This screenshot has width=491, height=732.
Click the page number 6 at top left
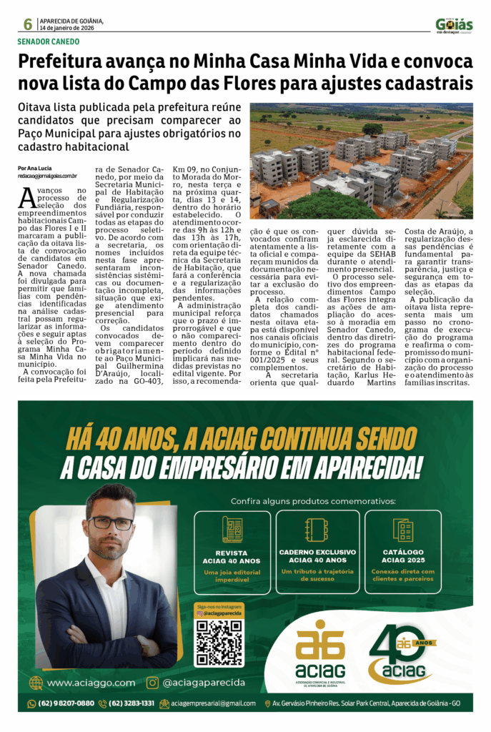[27, 24]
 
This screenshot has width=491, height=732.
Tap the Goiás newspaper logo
[454, 25]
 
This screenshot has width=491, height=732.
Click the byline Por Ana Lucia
[35, 168]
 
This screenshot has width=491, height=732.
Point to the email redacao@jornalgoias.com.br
[47, 176]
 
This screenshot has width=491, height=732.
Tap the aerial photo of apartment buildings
[361, 161]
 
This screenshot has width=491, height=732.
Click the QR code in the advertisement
[219, 642]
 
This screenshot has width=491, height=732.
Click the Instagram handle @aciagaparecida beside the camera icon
[204, 683]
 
